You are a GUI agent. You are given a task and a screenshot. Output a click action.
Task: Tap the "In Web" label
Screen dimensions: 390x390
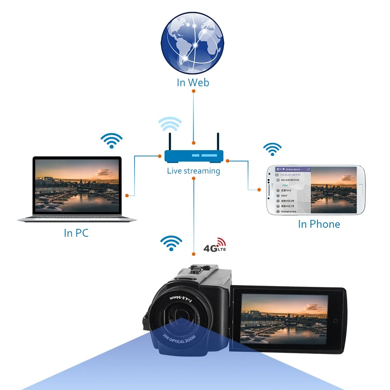pos(193,83)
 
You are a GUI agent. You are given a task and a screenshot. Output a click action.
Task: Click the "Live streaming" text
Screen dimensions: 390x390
pos(193,171)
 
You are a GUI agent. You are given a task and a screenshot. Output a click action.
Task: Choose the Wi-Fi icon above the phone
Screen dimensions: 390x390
pos(272,149)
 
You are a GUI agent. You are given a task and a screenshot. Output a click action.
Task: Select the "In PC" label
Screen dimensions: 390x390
pos(76,233)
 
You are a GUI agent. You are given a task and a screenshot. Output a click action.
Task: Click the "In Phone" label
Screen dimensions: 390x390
pos(319,224)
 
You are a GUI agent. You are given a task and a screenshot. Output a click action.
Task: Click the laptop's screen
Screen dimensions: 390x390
pos(77,185)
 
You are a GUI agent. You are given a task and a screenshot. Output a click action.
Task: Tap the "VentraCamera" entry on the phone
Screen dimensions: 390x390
pos(289,211)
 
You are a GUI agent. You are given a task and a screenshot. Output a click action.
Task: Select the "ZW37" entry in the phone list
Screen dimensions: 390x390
pos(284,196)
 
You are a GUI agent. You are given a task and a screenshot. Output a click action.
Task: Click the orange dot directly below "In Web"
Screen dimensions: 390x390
pos(193,91)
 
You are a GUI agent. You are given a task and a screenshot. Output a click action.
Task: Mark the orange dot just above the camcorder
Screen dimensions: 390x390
pos(193,254)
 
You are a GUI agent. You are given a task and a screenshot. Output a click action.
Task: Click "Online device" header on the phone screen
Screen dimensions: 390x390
pos(293,170)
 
